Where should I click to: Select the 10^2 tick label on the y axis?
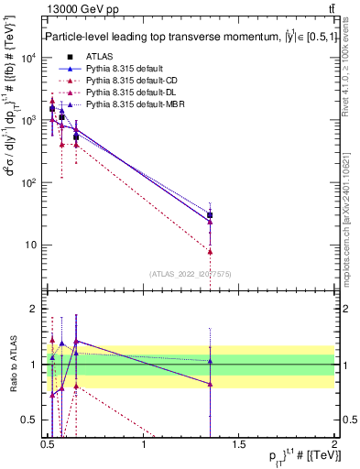click(29, 183)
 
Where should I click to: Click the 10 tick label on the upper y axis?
click(31, 245)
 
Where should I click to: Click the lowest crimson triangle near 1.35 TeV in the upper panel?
click(211, 251)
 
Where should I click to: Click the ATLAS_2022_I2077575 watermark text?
click(190, 273)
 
